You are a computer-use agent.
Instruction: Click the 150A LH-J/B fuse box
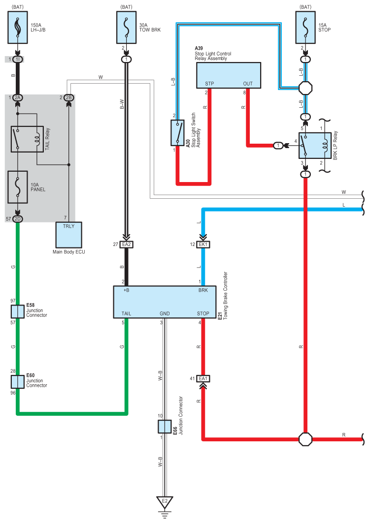[x=18, y=28]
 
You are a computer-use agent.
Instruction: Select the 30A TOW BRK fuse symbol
[x=126, y=28]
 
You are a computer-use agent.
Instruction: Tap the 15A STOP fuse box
[x=305, y=28]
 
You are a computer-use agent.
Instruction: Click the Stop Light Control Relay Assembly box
[x=229, y=75]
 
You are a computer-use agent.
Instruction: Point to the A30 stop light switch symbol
[x=177, y=133]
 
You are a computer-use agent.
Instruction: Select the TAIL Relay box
[x=28, y=139]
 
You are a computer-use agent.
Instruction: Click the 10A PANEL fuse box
[x=18, y=187]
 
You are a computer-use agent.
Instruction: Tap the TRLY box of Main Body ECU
[x=69, y=235]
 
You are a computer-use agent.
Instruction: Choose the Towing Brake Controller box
[x=165, y=302]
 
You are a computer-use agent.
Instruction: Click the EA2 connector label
[x=127, y=245]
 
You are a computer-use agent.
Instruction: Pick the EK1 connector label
[x=203, y=245]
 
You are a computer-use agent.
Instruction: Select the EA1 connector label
[x=203, y=378]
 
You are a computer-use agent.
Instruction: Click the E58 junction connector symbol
[x=18, y=311]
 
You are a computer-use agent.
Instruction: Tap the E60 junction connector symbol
[x=18, y=382]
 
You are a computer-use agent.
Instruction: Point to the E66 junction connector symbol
[x=165, y=427]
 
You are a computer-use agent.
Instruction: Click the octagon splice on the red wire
[x=305, y=439]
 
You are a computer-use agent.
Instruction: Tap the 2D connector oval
[x=18, y=219]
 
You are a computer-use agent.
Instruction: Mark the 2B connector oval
[x=69, y=98]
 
